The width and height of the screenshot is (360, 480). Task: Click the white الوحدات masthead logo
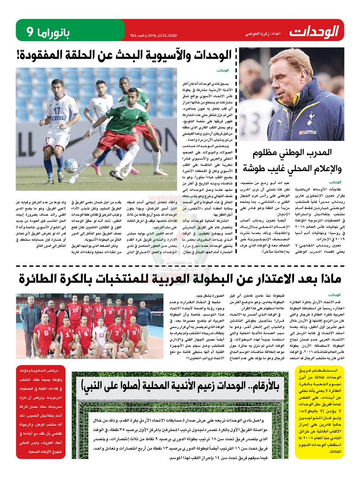pyautogui.click(x=314, y=31)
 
